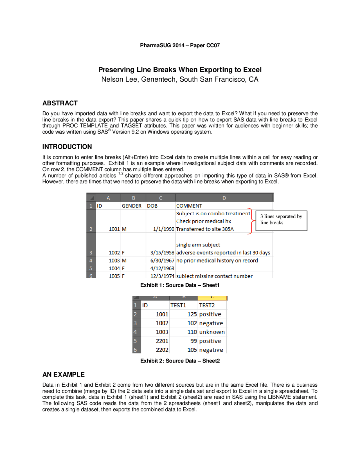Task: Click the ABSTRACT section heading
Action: click(x=60, y=103)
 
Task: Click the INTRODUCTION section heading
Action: click(x=67, y=147)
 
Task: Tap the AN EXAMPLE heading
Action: click(x=63, y=375)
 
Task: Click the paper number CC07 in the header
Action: click(x=213, y=45)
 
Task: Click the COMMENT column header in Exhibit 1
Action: click(x=189, y=206)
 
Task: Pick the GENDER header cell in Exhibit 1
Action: click(x=131, y=206)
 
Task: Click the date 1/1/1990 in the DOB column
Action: click(x=163, y=229)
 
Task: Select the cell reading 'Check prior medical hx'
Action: click(x=203, y=221)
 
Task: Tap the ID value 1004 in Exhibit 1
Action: click(x=114, y=268)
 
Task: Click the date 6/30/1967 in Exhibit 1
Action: click(x=162, y=261)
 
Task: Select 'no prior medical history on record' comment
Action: click(x=217, y=261)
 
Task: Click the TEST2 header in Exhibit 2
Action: click(x=207, y=306)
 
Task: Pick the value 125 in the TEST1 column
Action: click(x=192, y=314)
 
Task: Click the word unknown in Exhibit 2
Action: click(x=212, y=332)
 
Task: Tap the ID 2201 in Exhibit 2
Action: click(x=162, y=341)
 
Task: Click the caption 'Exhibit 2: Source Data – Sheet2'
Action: click(x=180, y=361)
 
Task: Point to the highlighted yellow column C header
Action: click(x=212, y=298)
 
